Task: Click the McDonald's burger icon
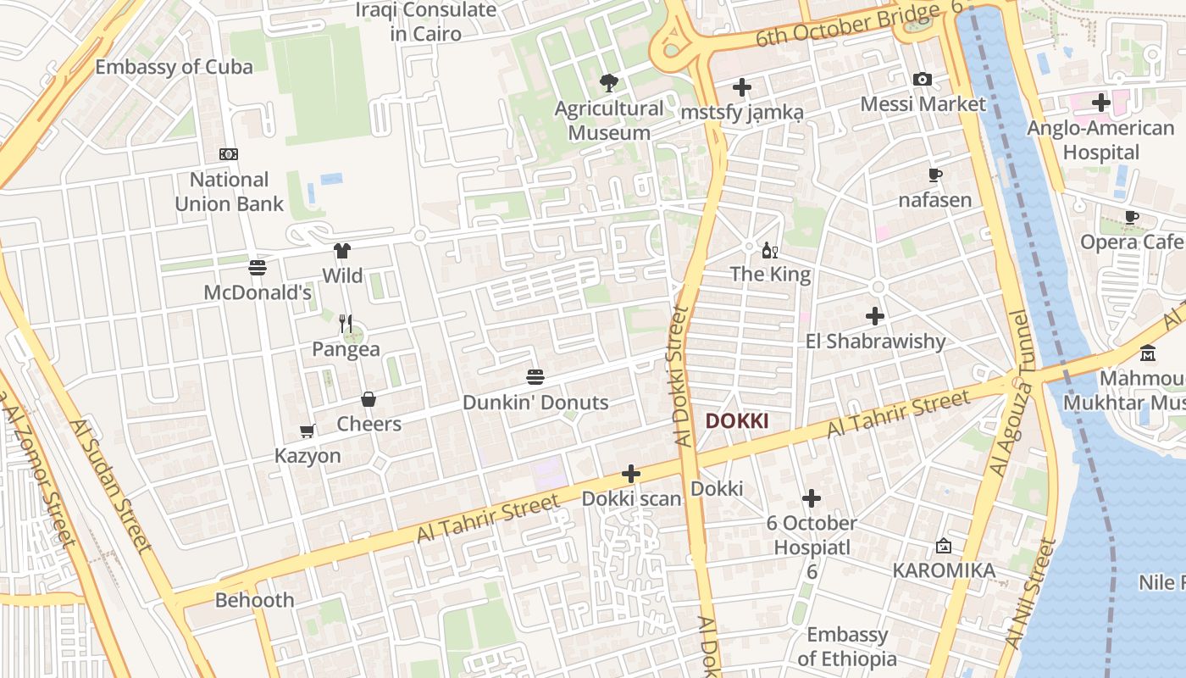pos(258,268)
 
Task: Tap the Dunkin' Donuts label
pos(535,403)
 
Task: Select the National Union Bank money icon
pos(229,154)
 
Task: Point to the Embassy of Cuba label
pos(174,67)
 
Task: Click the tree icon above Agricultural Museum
pos(608,82)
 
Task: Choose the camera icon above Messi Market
pos(923,80)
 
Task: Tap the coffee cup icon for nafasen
pos(934,175)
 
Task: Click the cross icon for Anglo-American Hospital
pos(1100,103)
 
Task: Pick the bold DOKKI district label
pos(737,421)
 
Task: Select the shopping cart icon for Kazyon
pos(308,431)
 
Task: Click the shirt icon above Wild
pos(342,251)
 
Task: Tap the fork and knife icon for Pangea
pos(346,323)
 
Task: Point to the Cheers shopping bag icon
pos(369,399)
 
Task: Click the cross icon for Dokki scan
pos(631,474)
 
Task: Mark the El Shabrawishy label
pos(875,342)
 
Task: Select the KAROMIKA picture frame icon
pos(944,547)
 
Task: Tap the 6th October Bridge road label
pos(847,25)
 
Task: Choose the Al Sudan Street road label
pos(111,485)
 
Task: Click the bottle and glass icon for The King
pos(770,250)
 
